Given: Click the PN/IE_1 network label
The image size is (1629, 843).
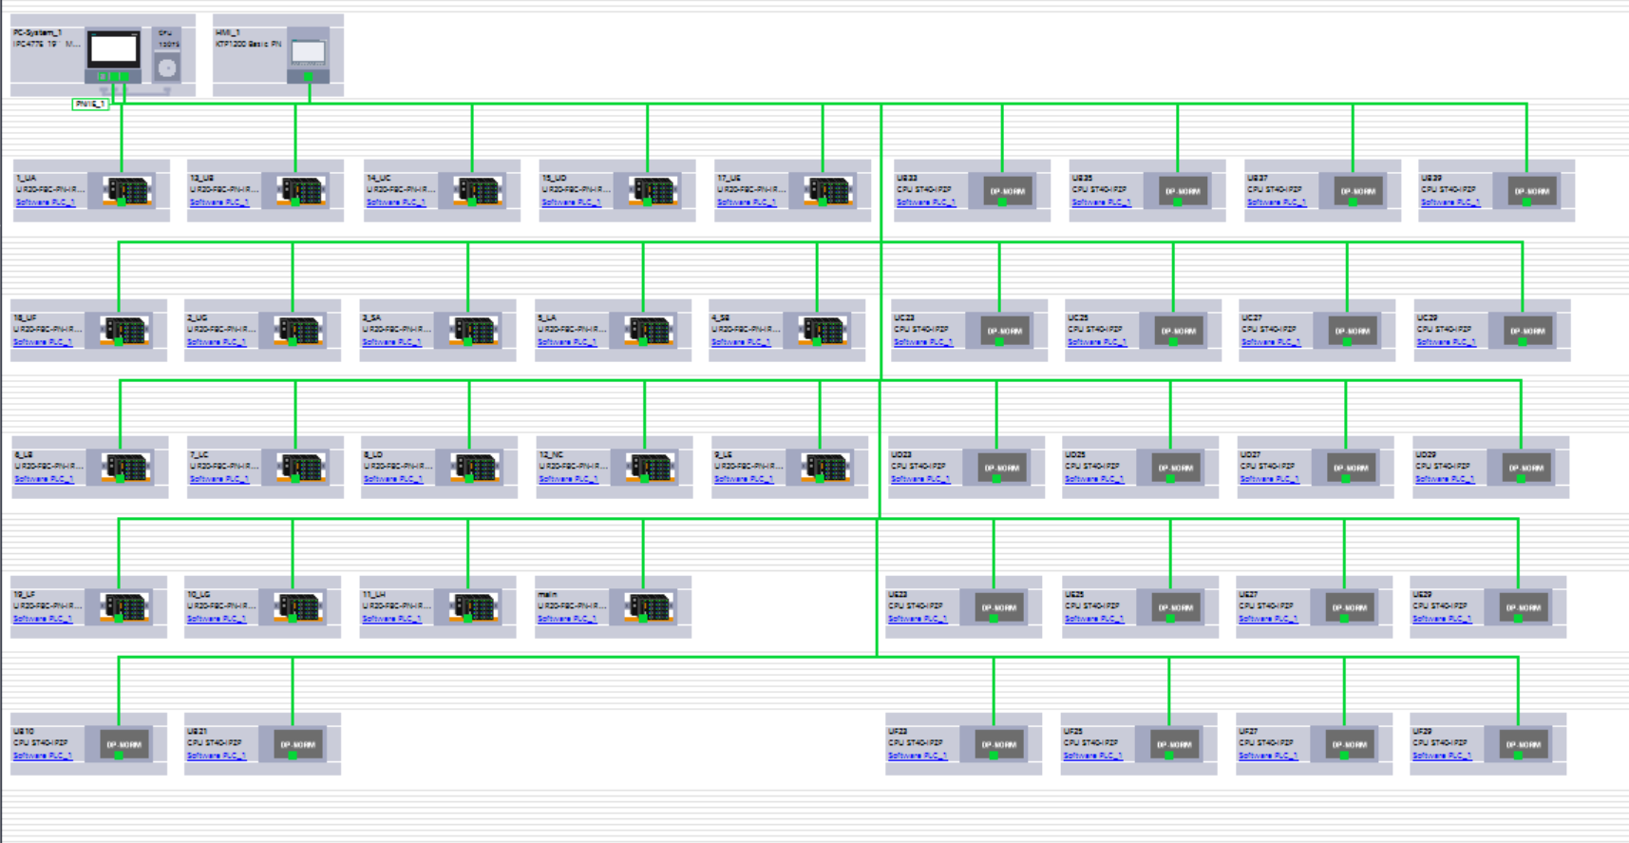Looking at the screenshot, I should tap(90, 104).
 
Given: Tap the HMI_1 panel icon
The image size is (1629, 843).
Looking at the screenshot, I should tap(309, 53).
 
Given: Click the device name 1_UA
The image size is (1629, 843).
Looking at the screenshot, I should tap(27, 178).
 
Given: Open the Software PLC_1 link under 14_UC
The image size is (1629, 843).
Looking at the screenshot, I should tap(395, 202).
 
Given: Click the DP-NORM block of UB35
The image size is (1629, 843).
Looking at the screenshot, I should tap(1183, 191).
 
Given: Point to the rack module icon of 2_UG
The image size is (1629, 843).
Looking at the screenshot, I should tap(298, 331).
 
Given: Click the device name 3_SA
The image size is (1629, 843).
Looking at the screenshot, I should tap(371, 317).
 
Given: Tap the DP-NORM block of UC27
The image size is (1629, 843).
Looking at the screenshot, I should tap(1352, 331).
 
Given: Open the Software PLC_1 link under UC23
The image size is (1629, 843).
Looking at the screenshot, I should tap(922, 342).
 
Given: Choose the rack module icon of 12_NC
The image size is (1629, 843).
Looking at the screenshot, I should tap(650, 468).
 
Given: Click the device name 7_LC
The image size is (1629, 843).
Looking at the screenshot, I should tap(199, 455).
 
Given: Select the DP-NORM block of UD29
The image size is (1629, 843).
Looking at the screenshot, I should tap(1525, 468).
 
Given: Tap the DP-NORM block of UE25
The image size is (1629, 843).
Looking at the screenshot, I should tap(1175, 607).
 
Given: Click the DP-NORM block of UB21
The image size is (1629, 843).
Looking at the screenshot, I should tap(297, 744).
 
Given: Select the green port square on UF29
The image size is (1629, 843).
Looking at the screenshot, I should tap(1518, 756).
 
